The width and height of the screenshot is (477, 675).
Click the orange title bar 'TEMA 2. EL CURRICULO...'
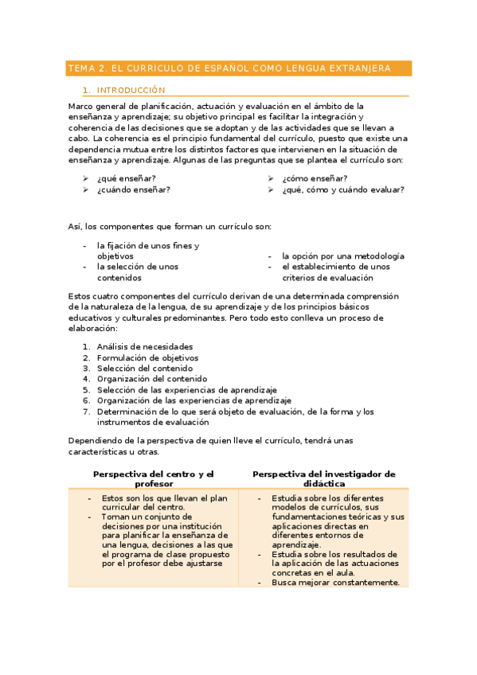[238, 69]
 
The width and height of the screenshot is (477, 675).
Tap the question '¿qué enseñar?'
[126, 178]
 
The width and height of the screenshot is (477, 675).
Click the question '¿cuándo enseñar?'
[133, 190]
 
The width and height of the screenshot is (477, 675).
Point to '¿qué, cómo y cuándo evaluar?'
[342, 190]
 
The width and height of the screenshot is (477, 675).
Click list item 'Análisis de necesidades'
[145, 347]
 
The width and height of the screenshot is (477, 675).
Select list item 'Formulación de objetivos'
[147, 358]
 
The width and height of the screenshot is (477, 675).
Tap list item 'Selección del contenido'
[145, 369]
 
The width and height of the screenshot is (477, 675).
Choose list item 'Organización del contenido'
[152, 380]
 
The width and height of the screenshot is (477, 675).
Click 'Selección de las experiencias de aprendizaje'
[187, 390]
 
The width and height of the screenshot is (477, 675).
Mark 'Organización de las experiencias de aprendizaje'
[194, 401]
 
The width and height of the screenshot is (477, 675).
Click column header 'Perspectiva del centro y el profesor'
[154, 478]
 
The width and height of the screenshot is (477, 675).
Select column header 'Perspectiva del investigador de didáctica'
[324, 478]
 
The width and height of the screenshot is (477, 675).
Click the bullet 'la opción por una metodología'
[342, 256]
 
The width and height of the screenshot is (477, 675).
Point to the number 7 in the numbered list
[86, 412]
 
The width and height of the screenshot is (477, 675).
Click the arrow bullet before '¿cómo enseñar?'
[271, 178]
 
